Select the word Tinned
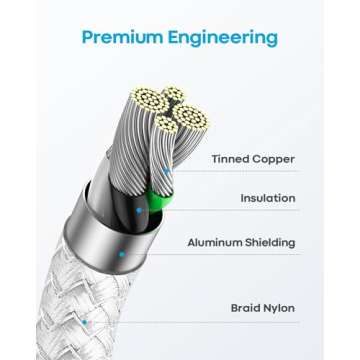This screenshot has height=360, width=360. pos(230,158)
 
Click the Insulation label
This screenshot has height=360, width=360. pos(267,198)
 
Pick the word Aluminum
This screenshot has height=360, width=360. pos(217,242)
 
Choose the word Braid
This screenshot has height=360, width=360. pos(248,308)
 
